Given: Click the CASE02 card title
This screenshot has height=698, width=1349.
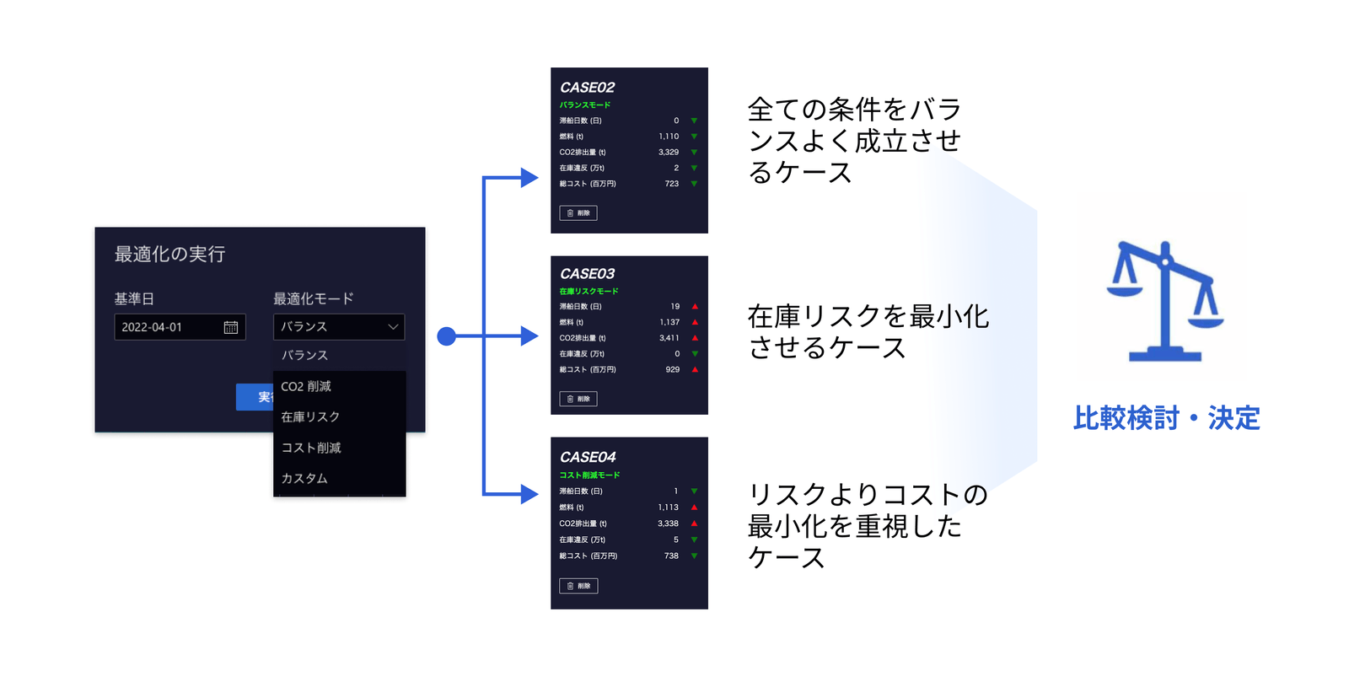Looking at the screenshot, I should pos(587,88).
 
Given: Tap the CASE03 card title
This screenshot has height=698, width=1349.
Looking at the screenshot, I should pos(587,274).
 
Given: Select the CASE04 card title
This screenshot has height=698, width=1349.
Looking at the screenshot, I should pos(588,457).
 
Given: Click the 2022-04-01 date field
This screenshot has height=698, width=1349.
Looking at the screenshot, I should pos(169,327).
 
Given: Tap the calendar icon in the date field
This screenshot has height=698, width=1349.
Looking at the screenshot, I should pos(230,327).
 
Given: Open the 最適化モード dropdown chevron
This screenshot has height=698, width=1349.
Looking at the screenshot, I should pos(393,326).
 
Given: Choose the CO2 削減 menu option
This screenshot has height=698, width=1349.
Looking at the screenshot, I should pos(306,386).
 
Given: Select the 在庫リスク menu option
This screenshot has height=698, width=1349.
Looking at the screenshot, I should pos(310,416).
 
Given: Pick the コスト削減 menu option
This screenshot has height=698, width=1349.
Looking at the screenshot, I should pos(311,448).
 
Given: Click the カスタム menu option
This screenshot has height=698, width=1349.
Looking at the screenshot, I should pos(304,478).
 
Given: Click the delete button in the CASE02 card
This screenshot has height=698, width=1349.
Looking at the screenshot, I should pos(578,213).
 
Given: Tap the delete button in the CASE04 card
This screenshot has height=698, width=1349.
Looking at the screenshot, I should pos(578,586).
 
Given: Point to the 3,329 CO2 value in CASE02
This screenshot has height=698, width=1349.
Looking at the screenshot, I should pos(669,153).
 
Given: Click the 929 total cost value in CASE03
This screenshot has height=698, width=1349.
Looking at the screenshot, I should pos(672,369).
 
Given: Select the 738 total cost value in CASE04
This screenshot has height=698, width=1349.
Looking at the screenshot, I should pos(671,556).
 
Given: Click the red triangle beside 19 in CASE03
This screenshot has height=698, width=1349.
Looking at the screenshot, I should pos(695,306).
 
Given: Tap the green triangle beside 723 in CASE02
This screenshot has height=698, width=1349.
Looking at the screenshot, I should pos(694,184).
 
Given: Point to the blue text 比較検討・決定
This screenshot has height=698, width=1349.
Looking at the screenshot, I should pos(1166,418).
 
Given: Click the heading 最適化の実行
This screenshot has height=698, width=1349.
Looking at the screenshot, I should pos(169,254).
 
